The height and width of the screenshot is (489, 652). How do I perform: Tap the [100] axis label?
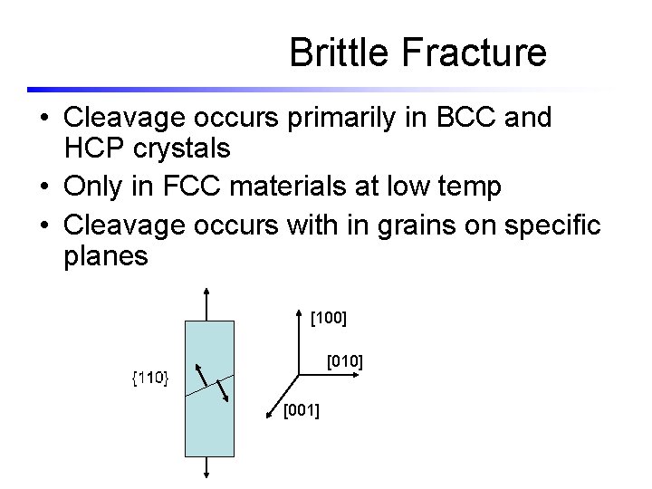point(329,319)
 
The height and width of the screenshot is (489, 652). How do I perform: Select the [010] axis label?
point(345,362)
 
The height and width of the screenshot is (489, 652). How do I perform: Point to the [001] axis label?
point(301,413)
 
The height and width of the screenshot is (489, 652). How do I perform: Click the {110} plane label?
point(150,377)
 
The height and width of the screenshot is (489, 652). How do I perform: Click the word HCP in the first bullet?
point(95,149)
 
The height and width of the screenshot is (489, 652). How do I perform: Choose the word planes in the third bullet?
point(105,256)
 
